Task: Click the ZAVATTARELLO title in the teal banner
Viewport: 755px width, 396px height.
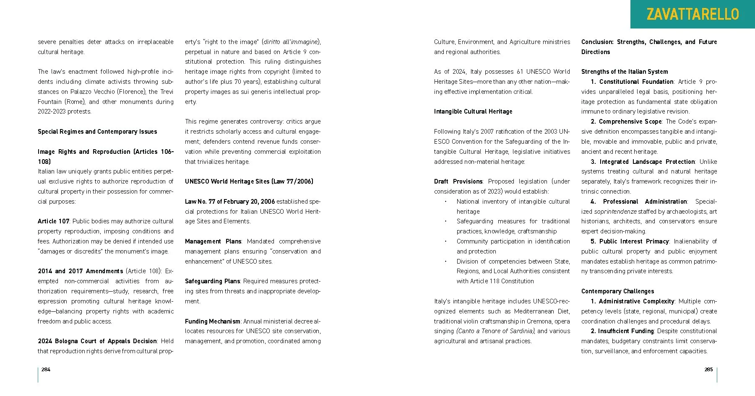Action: click(x=693, y=14)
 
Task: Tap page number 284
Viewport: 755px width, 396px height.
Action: click(x=46, y=370)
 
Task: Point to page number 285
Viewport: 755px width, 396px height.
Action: click(x=708, y=370)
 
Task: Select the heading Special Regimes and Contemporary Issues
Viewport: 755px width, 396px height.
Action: click(x=97, y=132)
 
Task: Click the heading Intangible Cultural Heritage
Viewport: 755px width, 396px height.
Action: click(x=473, y=111)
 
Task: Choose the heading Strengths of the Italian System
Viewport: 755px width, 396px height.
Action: click(x=625, y=72)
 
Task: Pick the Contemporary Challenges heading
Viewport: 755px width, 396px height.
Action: click(x=617, y=291)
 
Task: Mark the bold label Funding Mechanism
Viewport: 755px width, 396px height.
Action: click(x=213, y=321)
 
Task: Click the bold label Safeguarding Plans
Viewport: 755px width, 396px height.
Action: click(x=212, y=281)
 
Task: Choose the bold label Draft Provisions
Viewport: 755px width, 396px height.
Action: click(x=458, y=181)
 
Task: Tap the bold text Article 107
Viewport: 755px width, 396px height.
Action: click(x=53, y=221)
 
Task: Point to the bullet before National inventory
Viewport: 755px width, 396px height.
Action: click(x=445, y=202)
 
